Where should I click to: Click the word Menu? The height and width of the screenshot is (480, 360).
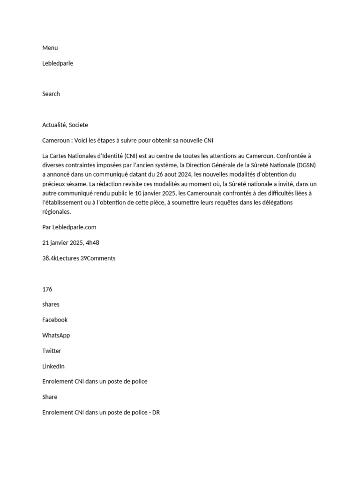point(50,48)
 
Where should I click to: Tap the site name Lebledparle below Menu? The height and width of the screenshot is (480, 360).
point(58,63)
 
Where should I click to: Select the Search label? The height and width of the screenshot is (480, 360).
point(51,94)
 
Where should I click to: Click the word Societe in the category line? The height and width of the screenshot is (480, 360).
point(78,125)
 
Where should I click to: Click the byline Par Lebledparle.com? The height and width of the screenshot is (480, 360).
point(69,227)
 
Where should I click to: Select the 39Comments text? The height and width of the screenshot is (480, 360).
point(98,258)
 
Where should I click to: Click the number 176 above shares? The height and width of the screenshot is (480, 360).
point(47,289)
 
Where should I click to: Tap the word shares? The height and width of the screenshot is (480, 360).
point(51,305)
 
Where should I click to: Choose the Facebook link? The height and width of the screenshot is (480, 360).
point(55,320)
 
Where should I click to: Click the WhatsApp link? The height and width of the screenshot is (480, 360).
point(56,335)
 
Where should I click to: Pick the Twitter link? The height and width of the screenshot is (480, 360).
point(52,351)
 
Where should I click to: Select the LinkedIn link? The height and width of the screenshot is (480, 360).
point(53,366)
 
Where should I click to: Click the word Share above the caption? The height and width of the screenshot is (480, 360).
point(50,397)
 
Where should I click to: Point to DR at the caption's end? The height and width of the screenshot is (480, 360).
point(156,412)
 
